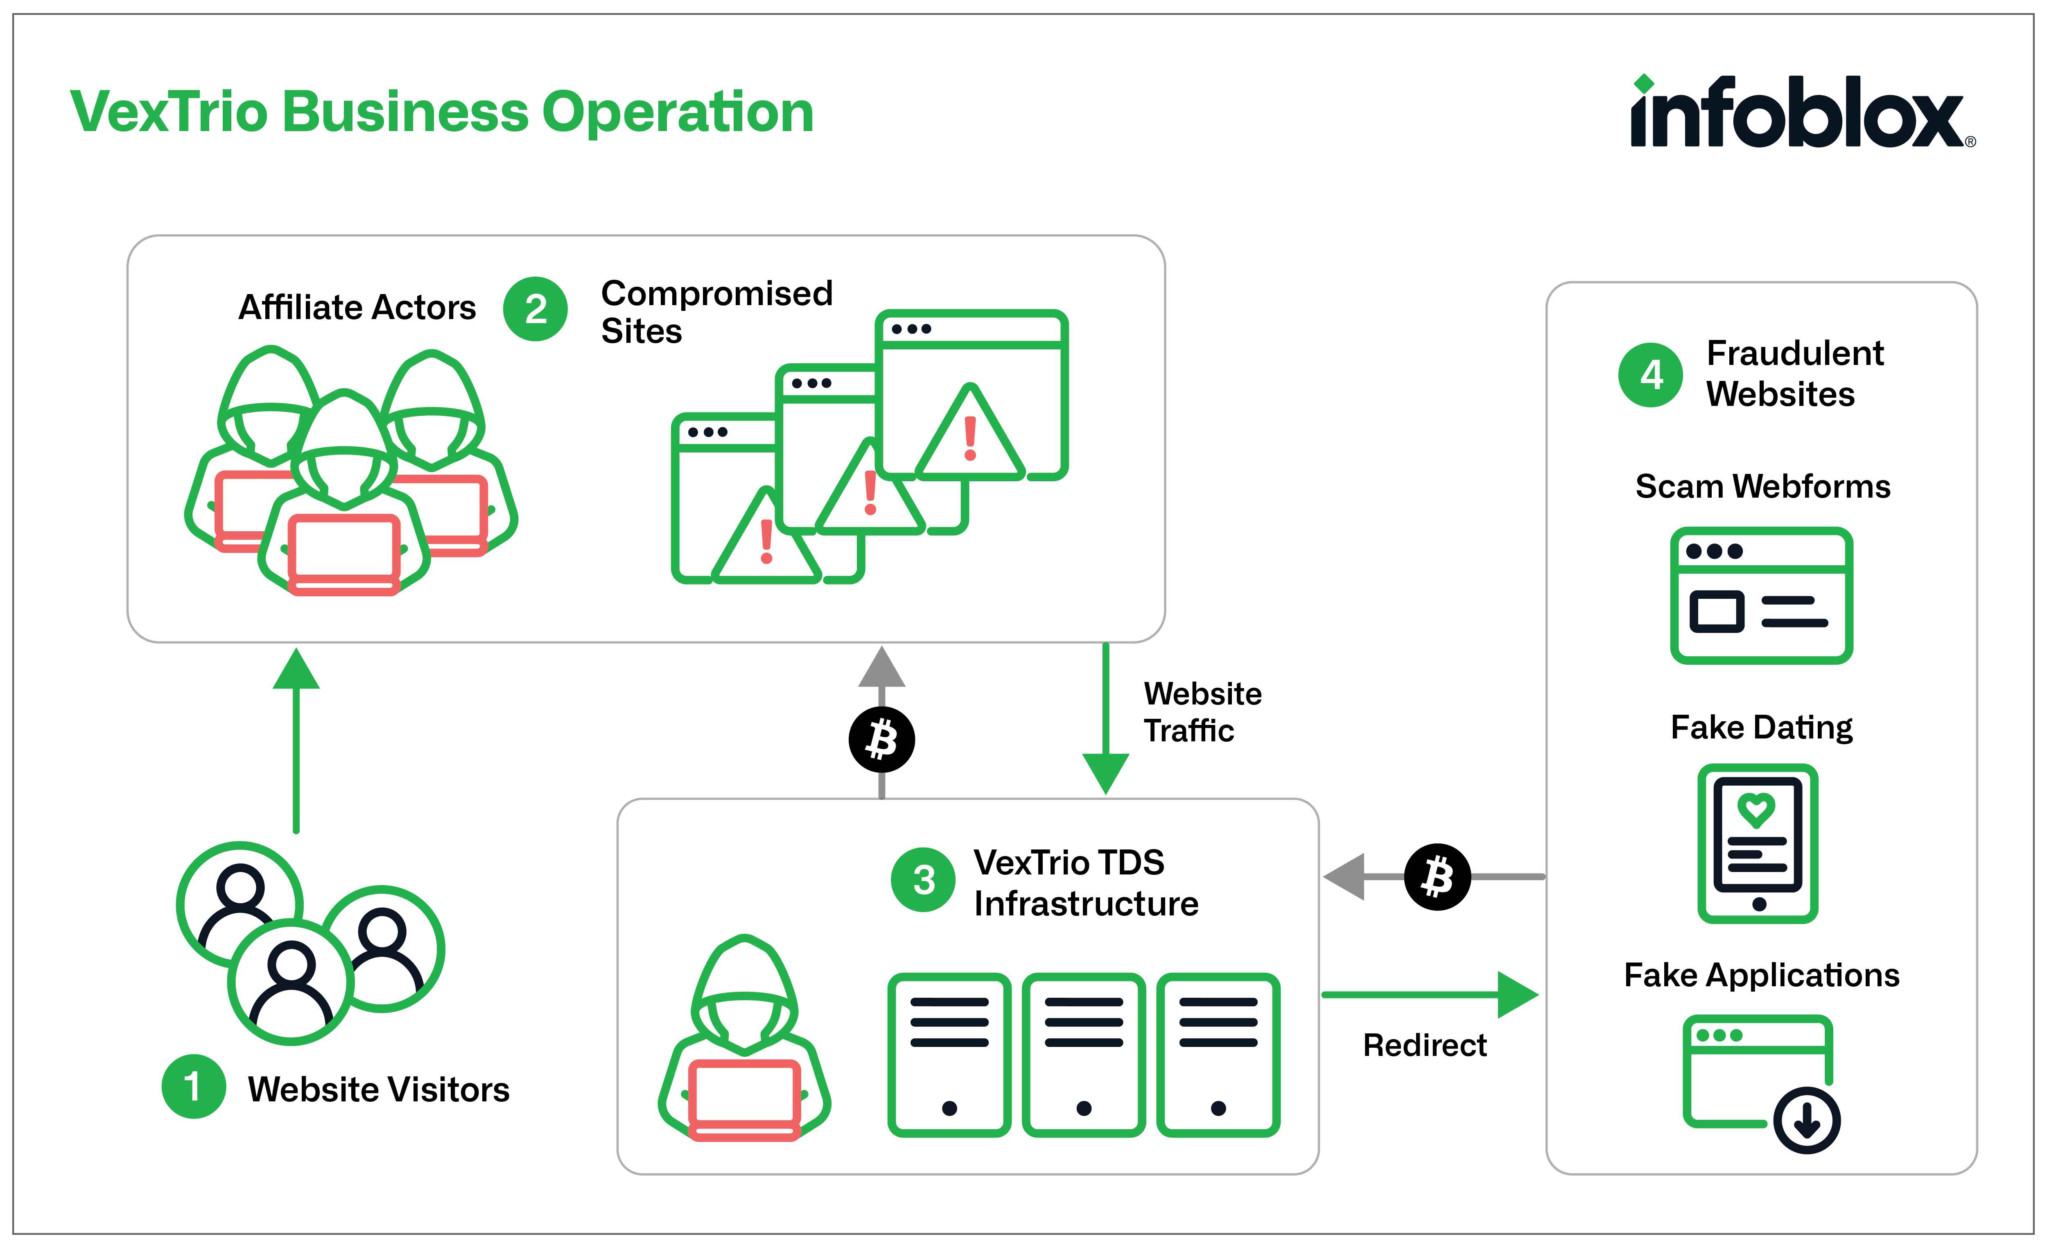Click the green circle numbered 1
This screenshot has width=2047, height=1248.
(x=194, y=1087)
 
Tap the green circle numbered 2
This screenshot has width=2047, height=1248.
(x=536, y=309)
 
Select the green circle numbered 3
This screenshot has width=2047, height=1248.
(x=923, y=880)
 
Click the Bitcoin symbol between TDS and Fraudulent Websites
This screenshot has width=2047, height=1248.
(x=1437, y=877)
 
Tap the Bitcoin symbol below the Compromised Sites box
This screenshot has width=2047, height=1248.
(x=881, y=739)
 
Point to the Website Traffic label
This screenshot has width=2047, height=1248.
(x=1202, y=712)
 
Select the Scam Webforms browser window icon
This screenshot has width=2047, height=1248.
(x=1761, y=596)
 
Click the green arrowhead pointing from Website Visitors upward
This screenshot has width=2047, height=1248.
(x=296, y=670)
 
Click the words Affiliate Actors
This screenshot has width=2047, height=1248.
(x=357, y=308)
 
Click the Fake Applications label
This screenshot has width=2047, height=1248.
(x=1761, y=975)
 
